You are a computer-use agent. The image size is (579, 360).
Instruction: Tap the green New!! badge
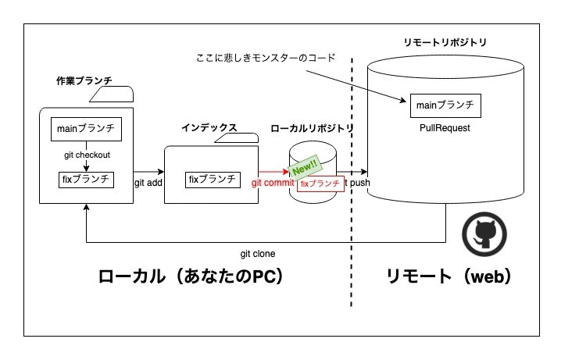(x=303, y=165)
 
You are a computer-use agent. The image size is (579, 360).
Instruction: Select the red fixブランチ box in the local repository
(x=320, y=184)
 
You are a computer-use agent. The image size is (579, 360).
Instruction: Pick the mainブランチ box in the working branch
(x=87, y=128)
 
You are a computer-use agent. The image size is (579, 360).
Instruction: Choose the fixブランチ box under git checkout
(x=87, y=179)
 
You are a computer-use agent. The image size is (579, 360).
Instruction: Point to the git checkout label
(x=87, y=155)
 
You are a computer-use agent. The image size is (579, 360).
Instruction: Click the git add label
(x=148, y=183)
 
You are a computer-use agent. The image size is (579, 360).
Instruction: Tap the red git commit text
(x=273, y=184)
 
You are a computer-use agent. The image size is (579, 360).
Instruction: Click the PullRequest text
(x=444, y=128)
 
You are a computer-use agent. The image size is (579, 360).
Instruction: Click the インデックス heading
(x=209, y=127)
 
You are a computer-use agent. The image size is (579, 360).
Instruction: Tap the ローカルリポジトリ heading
(x=312, y=128)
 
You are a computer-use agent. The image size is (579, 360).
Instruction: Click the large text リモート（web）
(x=449, y=277)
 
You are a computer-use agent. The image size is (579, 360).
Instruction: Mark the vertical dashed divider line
(x=352, y=234)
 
